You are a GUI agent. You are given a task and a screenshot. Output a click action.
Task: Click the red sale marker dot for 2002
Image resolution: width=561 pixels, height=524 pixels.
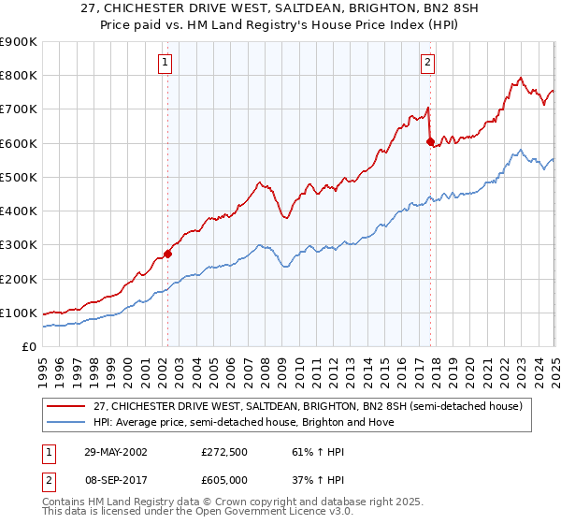[168, 254]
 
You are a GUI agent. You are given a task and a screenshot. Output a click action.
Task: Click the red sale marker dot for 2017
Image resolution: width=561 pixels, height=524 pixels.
[430, 142]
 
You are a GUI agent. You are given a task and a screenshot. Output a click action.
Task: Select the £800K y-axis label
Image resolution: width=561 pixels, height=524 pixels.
[19, 76]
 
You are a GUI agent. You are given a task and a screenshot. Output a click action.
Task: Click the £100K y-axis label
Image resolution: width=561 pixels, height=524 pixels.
[19, 313]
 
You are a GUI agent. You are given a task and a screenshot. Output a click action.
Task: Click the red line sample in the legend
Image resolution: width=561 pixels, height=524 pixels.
[66, 405]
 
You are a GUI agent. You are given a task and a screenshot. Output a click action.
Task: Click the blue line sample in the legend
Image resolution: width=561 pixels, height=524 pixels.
[66, 422]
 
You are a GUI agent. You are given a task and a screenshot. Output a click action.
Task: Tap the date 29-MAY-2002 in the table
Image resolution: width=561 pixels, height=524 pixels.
[117, 452]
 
